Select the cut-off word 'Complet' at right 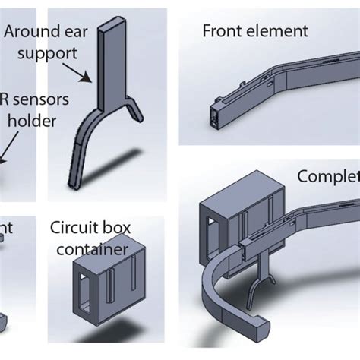328,178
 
